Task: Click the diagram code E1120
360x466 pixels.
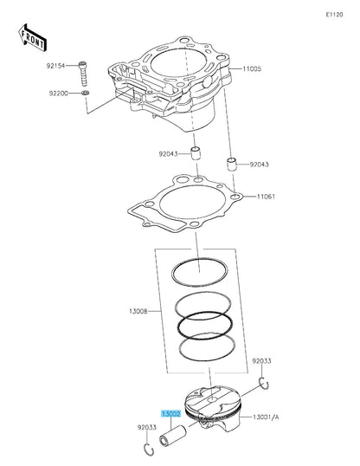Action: pos(334,16)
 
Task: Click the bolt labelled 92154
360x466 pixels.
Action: pos(84,69)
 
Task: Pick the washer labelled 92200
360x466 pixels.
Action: pos(85,93)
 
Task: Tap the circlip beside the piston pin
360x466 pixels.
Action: pos(148,448)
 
